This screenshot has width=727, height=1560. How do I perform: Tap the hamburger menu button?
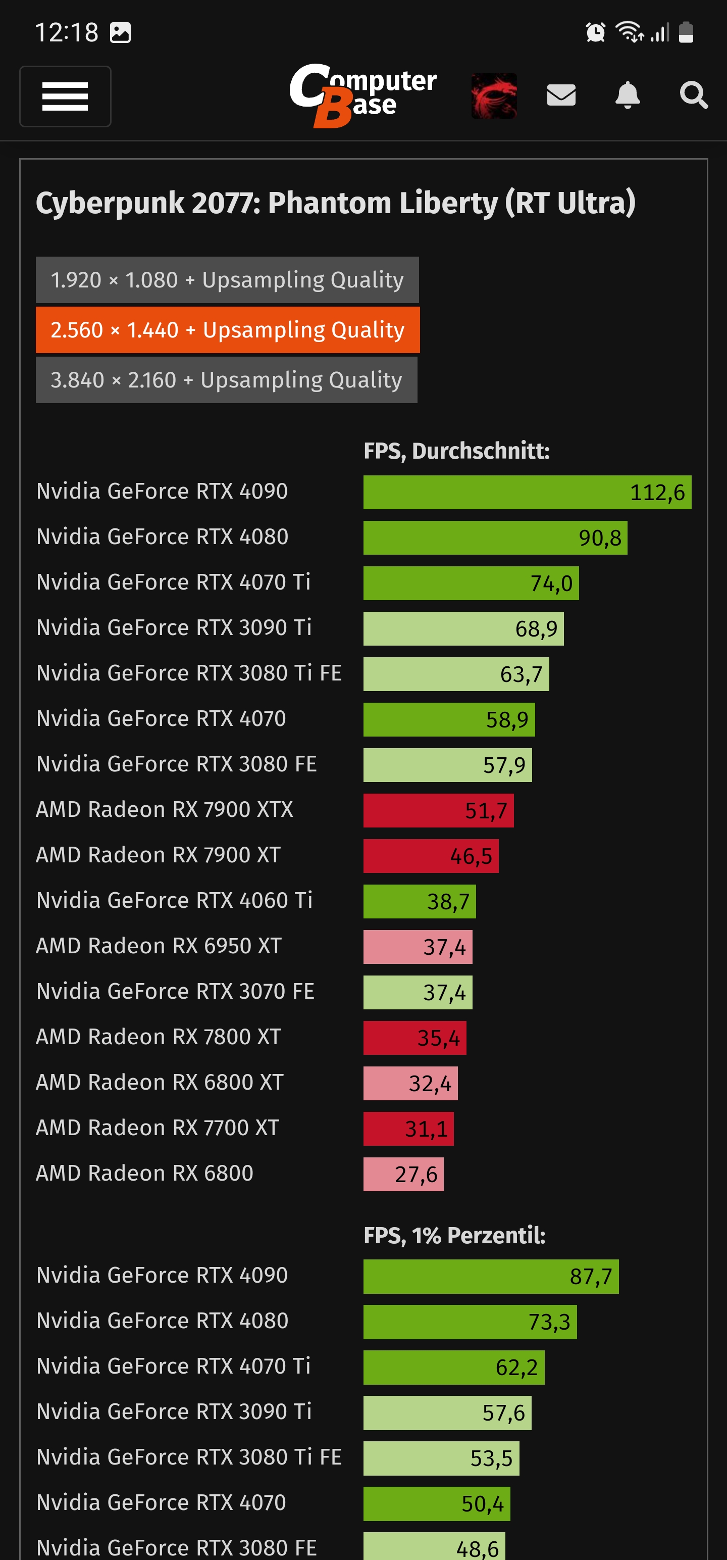(x=65, y=96)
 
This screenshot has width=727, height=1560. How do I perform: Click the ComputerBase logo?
(x=362, y=95)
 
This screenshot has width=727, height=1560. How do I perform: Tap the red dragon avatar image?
(x=494, y=95)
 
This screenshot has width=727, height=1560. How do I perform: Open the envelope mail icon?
(x=561, y=95)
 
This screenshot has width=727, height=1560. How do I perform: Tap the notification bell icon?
(x=628, y=95)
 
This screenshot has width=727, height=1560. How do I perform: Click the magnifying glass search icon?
(x=693, y=95)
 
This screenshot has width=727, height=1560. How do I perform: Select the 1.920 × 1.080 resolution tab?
(x=227, y=280)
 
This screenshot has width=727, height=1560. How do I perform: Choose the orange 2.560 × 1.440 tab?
(x=228, y=330)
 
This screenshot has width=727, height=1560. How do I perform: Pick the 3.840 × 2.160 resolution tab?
(x=226, y=380)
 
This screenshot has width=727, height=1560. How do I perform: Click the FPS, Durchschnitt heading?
(x=456, y=451)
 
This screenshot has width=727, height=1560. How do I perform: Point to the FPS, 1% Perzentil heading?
(x=454, y=1235)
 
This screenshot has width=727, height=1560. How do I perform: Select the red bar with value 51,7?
(x=438, y=810)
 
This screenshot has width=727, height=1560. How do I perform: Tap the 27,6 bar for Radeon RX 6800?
(x=403, y=1174)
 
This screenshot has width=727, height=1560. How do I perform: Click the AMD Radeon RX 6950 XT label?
(x=159, y=946)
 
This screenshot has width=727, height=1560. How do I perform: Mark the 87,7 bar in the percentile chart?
(x=491, y=1276)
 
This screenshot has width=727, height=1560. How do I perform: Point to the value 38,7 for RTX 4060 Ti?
(x=448, y=902)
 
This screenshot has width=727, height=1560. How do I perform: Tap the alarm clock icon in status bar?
(x=596, y=32)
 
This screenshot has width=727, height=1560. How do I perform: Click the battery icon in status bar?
(x=686, y=32)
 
